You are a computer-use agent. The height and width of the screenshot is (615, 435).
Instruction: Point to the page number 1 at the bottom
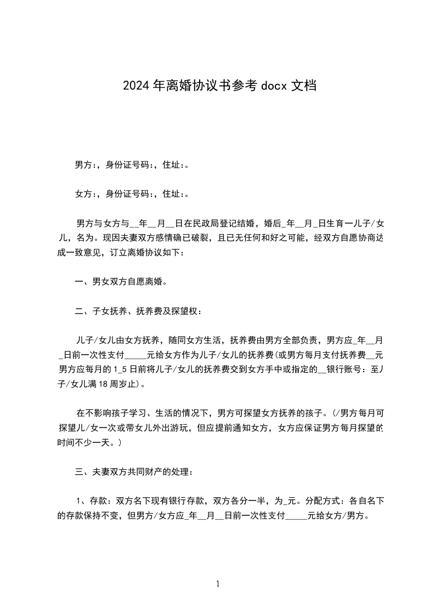pyautogui.click(x=218, y=584)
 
